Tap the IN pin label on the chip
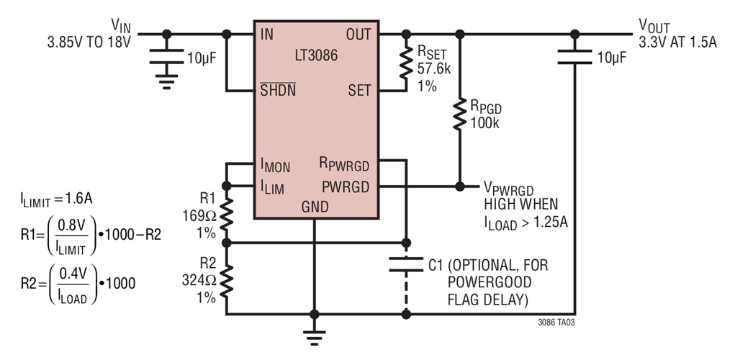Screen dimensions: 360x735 (x=266, y=34)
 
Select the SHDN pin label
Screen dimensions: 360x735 (x=277, y=91)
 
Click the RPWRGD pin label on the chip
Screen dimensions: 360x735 (x=344, y=166)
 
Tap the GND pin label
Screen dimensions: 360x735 (x=315, y=207)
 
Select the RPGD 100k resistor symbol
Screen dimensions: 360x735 (x=459, y=115)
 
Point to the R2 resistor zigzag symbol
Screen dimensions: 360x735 (x=227, y=279)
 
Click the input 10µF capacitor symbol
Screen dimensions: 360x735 (x=167, y=58)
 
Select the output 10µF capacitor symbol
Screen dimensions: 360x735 (x=574, y=58)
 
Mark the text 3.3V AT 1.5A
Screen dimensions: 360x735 (x=677, y=42)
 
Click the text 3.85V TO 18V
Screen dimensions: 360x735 (x=87, y=42)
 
